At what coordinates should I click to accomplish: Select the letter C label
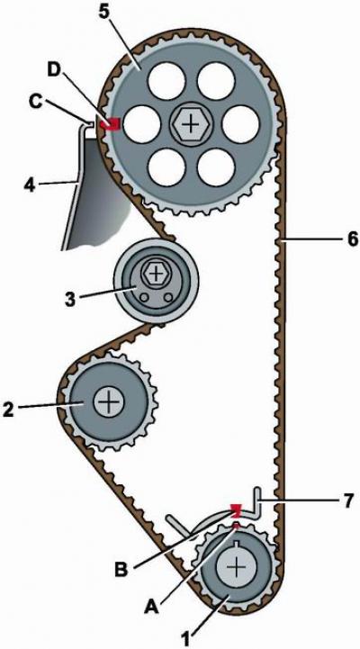coord(38,103)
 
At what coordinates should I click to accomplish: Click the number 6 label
coord(352,239)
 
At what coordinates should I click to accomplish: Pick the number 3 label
coord(71,299)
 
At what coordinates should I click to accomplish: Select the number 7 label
coord(347,500)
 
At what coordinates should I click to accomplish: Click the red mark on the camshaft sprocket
coord(112,123)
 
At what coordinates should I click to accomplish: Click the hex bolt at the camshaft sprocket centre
coord(190,123)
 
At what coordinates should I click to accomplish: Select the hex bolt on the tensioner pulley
coord(156,273)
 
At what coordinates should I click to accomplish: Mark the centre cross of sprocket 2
coord(109,402)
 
